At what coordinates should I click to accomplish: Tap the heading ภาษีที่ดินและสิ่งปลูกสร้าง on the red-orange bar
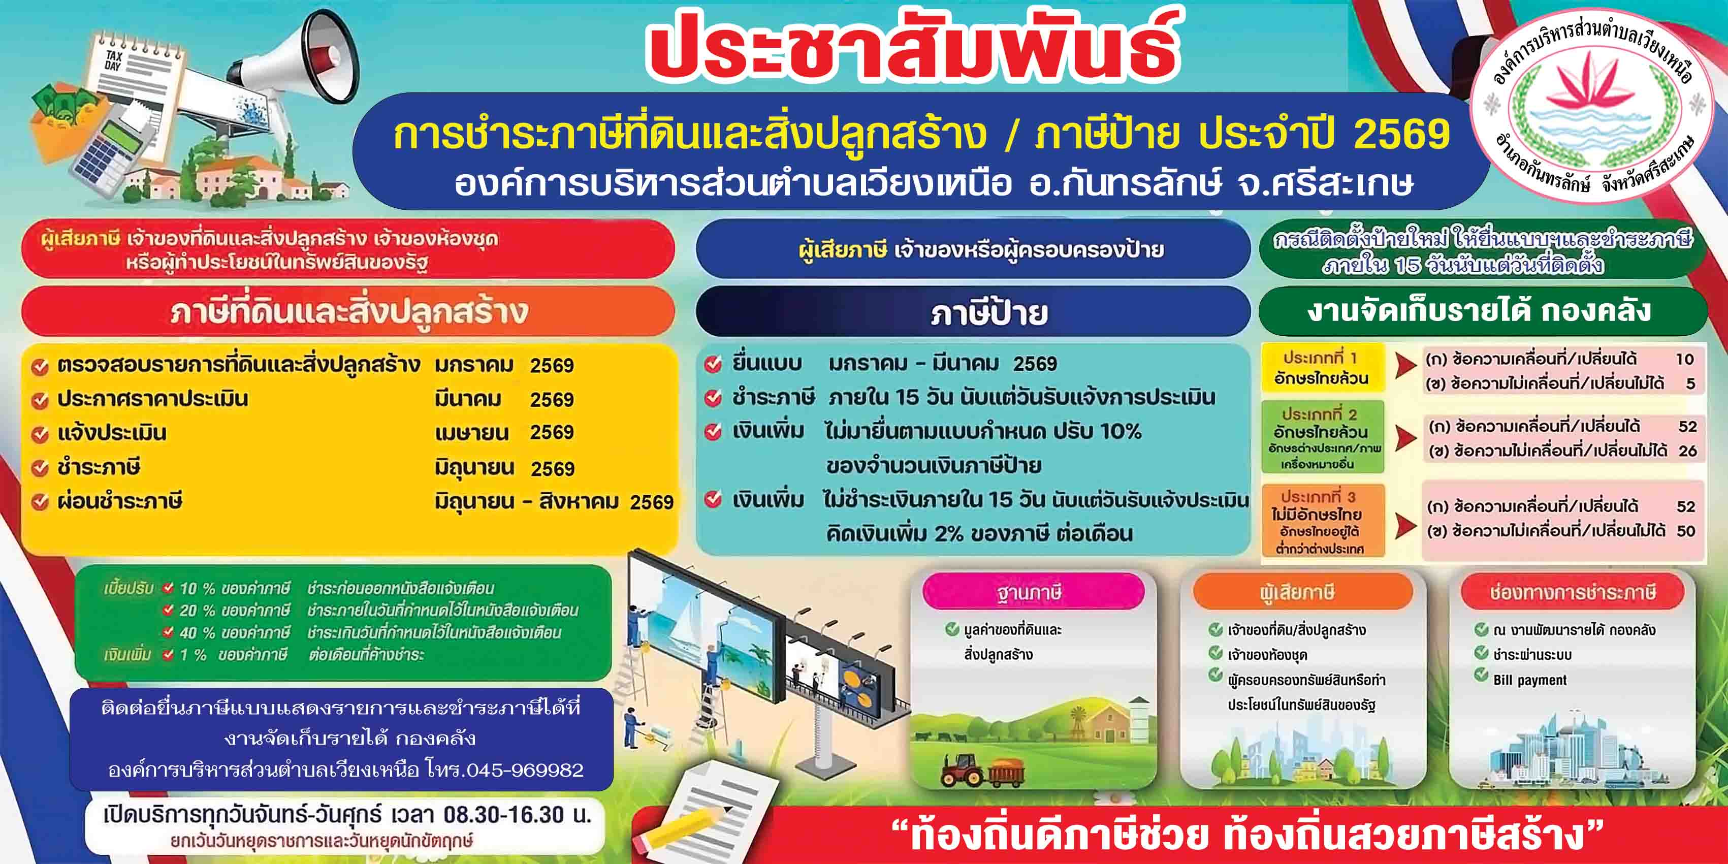(349, 311)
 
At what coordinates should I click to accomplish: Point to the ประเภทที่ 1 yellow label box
(1322, 368)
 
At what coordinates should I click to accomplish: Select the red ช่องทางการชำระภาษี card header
(1573, 592)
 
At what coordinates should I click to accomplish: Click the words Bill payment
(1530, 680)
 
